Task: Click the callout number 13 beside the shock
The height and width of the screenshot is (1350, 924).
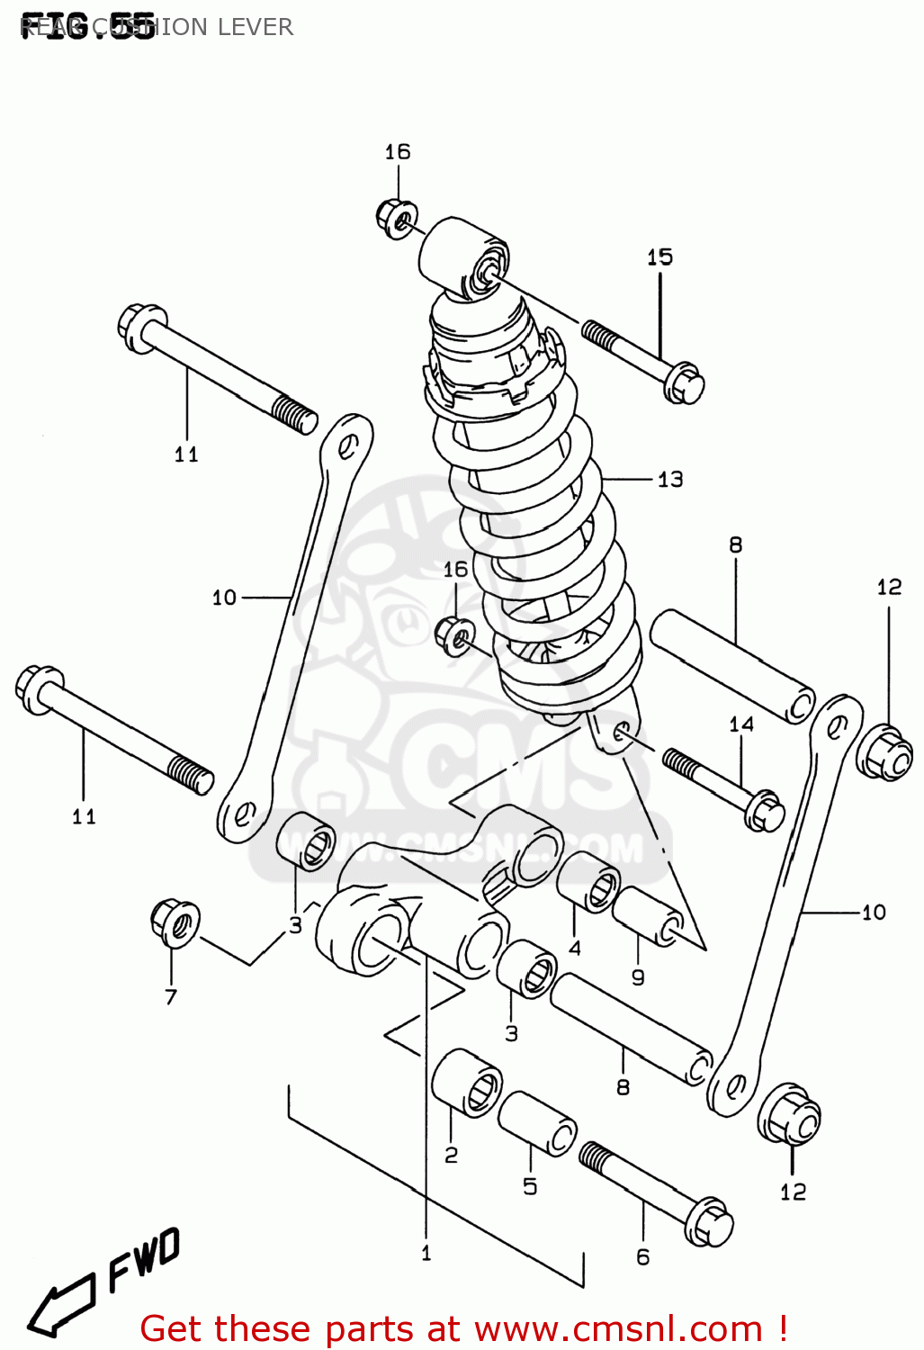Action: coord(670,479)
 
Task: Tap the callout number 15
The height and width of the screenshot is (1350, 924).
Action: coord(659,257)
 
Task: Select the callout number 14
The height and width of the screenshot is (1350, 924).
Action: coord(741,724)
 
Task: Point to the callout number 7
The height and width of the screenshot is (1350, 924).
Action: coord(171,996)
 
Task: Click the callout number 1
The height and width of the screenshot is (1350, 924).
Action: coord(426,1253)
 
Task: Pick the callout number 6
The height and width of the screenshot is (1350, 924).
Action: coord(642,1257)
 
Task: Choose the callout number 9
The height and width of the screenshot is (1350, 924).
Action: coord(638,977)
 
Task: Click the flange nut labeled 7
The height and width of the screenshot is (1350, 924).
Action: coord(175,922)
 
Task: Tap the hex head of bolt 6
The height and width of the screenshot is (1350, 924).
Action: coord(709,1222)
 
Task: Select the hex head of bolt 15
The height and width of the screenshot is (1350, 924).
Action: coord(684,383)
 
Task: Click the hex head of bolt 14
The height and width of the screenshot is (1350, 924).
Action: coord(766,810)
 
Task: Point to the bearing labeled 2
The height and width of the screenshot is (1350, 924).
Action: coord(467,1083)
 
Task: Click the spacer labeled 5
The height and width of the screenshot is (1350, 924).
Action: coord(537,1122)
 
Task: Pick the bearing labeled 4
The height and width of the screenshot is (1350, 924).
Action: coord(588,882)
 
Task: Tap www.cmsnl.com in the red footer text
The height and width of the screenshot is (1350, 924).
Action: coord(618,1328)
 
